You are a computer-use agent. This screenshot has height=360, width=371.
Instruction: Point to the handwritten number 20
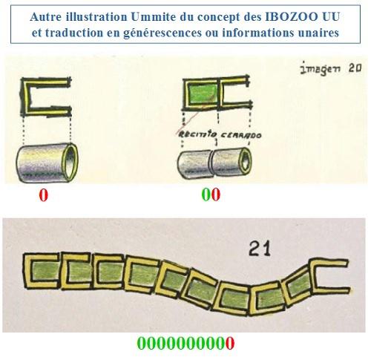tap(355, 68)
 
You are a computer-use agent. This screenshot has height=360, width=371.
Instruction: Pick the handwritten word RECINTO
tap(197, 134)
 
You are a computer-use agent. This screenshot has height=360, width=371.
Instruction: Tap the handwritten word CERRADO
tap(240, 135)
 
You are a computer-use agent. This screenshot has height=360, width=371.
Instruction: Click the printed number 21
tap(260, 249)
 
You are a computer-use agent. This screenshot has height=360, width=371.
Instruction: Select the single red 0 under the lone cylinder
tap(43, 195)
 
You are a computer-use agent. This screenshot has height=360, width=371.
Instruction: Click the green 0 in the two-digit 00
tap(206, 194)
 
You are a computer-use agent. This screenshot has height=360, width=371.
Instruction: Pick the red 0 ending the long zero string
tap(230, 343)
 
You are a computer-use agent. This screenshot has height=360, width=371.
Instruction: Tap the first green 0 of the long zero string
tap(142, 343)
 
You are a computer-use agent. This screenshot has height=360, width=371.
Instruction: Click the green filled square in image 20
tap(203, 94)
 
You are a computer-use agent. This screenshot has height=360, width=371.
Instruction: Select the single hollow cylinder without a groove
tap(47, 163)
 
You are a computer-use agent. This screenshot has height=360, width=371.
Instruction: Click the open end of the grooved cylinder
tap(246, 162)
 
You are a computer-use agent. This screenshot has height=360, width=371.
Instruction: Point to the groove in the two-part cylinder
tap(211, 164)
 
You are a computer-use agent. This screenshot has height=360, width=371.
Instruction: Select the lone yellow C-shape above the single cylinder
tap(46, 97)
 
